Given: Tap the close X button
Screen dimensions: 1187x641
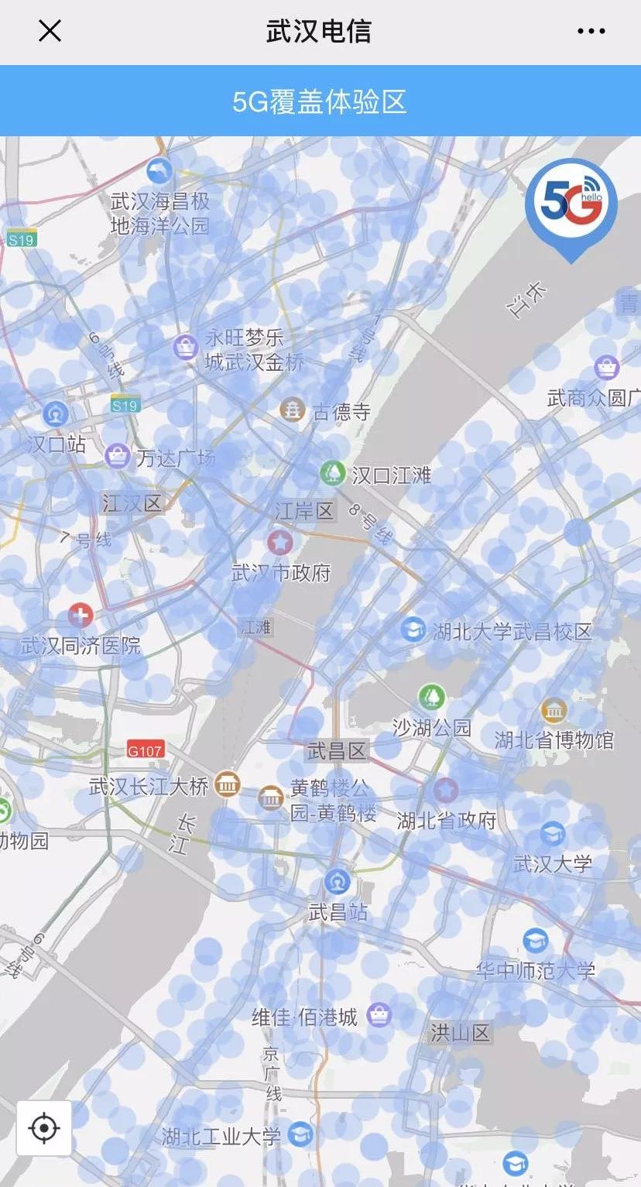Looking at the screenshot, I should pyautogui.click(x=50, y=31).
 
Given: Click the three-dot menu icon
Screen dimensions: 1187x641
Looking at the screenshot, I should pyautogui.click(x=591, y=31).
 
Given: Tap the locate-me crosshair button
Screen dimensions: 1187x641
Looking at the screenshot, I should pyautogui.click(x=44, y=1128).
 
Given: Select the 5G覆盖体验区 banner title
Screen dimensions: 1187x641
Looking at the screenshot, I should pyautogui.click(x=320, y=102).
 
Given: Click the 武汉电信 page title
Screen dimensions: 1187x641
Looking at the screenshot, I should pyautogui.click(x=319, y=31).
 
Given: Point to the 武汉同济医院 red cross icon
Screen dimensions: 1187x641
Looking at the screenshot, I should pyautogui.click(x=80, y=616).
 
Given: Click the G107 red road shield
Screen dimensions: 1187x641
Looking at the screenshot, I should pyautogui.click(x=146, y=750).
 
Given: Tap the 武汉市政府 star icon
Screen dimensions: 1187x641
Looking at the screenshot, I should pyautogui.click(x=279, y=541).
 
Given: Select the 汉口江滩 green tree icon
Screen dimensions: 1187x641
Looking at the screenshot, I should pyautogui.click(x=333, y=472).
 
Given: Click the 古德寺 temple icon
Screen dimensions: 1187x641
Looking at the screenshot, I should pyautogui.click(x=293, y=410).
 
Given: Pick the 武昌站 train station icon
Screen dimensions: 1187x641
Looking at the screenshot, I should pyautogui.click(x=337, y=882).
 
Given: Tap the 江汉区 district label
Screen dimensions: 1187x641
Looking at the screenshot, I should pyautogui.click(x=132, y=504).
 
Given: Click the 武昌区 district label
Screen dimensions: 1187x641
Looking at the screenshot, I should pyautogui.click(x=337, y=750).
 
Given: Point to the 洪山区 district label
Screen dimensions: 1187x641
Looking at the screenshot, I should pyautogui.click(x=461, y=1032).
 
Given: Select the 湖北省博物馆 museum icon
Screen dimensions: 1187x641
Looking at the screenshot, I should pyautogui.click(x=554, y=710).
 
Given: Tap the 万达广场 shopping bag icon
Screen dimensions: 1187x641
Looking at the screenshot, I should pyautogui.click(x=118, y=456).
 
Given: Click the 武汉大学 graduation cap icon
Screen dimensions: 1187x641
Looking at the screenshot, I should pyautogui.click(x=552, y=834).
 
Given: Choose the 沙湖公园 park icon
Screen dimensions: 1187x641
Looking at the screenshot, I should pyautogui.click(x=432, y=696).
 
